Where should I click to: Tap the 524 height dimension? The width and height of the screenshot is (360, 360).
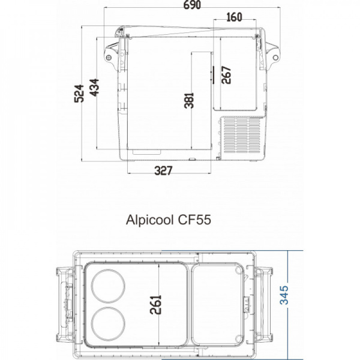(79, 94)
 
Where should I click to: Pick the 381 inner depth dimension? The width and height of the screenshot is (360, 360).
(189, 99)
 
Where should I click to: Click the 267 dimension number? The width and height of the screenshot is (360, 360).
(226, 74)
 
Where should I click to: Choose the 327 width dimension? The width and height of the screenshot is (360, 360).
(163, 171)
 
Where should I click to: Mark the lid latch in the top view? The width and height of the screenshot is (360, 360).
(245, 304)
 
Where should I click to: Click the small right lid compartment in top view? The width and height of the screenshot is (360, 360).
(220, 304)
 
